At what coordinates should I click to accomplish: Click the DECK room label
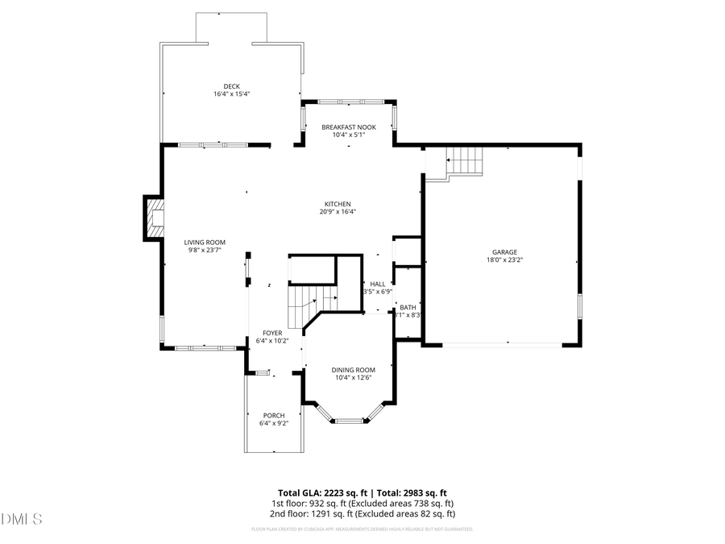click(232, 86)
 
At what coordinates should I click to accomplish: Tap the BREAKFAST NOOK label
click(349, 127)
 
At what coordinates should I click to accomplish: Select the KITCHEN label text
click(338, 204)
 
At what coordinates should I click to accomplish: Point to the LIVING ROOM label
click(205, 243)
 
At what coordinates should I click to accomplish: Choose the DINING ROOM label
click(353, 370)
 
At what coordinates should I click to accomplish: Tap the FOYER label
click(273, 333)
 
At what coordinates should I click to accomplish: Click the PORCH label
click(273, 416)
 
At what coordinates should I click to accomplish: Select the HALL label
click(377, 284)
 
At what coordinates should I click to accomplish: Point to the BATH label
click(408, 307)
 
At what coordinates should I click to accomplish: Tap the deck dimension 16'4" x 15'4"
click(232, 94)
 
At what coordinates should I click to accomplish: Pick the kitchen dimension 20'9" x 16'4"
click(338, 212)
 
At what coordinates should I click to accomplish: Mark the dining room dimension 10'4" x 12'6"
click(353, 378)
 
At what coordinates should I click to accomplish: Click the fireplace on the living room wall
click(153, 218)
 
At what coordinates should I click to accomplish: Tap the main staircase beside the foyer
click(309, 301)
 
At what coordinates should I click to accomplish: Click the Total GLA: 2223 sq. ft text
click(322, 492)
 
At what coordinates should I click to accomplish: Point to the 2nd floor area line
click(362, 513)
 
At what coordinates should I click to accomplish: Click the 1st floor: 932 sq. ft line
click(362, 503)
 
